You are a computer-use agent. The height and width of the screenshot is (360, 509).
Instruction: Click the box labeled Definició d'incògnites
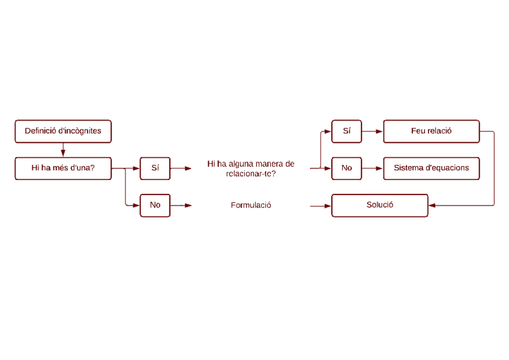click(x=63, y=131)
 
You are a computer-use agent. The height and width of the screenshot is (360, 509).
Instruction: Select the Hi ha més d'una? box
click(x=63, y=168)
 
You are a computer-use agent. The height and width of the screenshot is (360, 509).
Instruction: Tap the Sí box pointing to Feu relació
click(x=346, y=131)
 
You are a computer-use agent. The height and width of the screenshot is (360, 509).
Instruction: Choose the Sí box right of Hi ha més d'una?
click(x=155, y=168)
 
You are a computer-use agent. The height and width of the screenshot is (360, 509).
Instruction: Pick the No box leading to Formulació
click(x=155, y=205)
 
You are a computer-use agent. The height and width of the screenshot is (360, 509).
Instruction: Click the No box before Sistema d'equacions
click(x=346, y=168)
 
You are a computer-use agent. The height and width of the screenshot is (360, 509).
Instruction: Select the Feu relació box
click(x=431, y=131)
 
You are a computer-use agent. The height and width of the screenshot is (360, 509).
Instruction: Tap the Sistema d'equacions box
click(x=431, y=168)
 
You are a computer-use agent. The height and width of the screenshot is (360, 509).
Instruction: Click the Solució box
click(x=379, y=205)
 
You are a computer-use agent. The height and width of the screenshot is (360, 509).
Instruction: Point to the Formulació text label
click(x=251, y=205)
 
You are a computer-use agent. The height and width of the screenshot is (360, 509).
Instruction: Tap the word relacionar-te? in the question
click(x=251, y=173)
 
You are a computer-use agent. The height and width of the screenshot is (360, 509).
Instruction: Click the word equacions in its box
click(x=450, y=168)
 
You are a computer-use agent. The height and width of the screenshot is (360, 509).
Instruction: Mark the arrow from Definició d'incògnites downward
click(x=63, y=150)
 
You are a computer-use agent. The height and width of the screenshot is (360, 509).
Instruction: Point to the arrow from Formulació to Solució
click(x=320, y=206)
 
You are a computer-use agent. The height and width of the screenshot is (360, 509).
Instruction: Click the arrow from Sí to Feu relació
click(x=372, y=131)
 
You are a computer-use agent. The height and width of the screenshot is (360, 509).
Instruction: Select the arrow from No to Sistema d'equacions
click(x=372, y=168)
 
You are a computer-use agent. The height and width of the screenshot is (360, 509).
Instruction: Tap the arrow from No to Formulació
click(x=181, y=205)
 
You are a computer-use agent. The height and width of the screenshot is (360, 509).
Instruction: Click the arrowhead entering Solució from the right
click(x=432, y=205)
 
